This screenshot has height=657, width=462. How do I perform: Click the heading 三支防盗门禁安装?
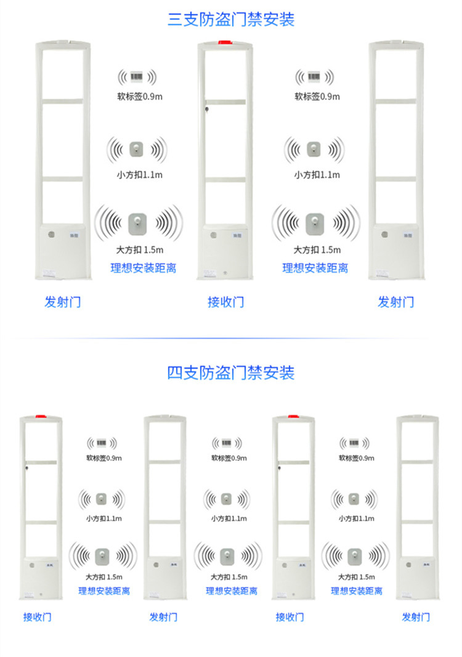(231, 19)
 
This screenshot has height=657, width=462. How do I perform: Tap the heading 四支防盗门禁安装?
(231, 372)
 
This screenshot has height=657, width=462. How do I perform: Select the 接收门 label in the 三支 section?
(225, 302)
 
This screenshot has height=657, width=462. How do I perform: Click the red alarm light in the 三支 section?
(225, 44)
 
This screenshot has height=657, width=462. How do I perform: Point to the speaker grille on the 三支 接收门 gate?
(214, 235)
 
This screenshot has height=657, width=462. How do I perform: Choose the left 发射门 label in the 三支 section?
(62, 302)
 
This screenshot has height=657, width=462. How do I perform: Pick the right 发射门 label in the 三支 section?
(395, 302)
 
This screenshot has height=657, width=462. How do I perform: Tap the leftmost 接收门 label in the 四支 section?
(37, 617)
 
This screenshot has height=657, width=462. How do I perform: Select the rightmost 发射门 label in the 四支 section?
(416, 617)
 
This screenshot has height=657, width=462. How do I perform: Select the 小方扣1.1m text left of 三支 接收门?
(139, 174)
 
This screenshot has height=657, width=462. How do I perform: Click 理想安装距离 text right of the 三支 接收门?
(315, 268)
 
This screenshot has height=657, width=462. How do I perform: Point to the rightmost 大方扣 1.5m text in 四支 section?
(356, 577)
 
